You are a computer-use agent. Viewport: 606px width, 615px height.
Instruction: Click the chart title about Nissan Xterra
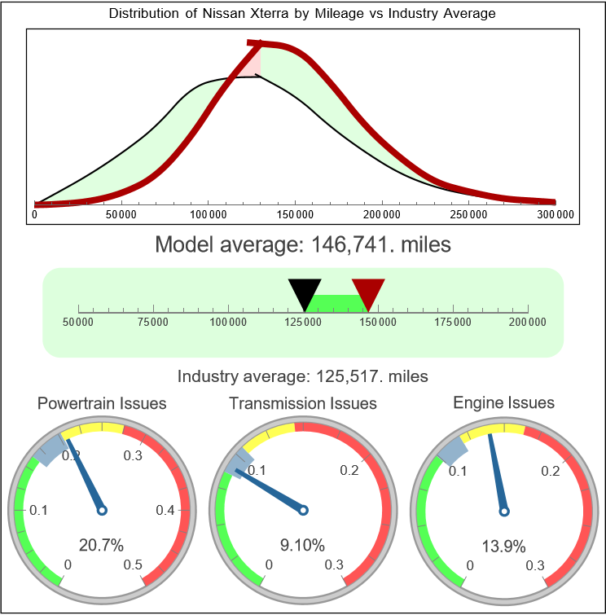(302, 14)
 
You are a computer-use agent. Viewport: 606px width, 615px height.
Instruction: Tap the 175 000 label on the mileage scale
(453, 323)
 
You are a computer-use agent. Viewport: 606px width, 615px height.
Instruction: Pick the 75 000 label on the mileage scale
(153, 323)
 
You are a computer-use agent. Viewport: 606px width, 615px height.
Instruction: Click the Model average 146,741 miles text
(302, 244)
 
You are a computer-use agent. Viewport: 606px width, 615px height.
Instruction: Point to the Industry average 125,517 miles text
(302, 376)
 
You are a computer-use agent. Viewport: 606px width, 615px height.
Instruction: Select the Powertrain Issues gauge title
(102, 403)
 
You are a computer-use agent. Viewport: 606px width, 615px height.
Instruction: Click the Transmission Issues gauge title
(303, 403)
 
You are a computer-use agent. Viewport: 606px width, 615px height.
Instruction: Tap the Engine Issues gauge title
(504, 402)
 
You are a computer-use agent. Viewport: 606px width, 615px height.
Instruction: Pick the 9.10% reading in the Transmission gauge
(303, 544)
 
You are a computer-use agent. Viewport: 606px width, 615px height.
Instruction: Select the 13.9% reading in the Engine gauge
(504, 544)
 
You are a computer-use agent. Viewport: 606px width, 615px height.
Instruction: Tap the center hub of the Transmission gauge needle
(303, 510)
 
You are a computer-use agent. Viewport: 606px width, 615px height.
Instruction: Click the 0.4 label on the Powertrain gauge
(165, 510)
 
